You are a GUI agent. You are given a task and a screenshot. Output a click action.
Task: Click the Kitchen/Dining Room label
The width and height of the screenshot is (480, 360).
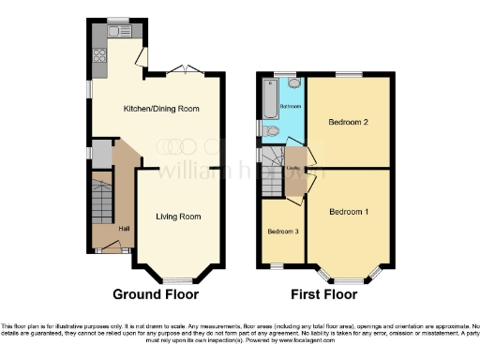[162, 109]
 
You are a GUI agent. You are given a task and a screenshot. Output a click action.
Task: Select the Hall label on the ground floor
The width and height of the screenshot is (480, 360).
[123, 228]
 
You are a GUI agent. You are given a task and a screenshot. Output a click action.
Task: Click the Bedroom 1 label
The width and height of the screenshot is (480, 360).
[348, 211]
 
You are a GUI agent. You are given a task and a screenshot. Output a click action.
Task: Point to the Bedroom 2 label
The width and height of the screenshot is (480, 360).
[347, 122]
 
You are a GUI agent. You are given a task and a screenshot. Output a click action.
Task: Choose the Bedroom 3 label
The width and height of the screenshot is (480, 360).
[281, 232]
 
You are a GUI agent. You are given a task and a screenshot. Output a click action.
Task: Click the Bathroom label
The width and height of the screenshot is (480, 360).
[290, 107]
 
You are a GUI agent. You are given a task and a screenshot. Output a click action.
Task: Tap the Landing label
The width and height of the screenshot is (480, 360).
[292, 169]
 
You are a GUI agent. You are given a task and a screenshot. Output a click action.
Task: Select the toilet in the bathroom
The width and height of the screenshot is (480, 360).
[271, 131]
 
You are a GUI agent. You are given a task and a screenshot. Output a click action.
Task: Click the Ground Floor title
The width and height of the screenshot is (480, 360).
[156, 293]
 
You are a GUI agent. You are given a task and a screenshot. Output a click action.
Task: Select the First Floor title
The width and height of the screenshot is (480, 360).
[324, 293]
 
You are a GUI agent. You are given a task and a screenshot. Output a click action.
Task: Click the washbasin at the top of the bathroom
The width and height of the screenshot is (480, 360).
[295, 82]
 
